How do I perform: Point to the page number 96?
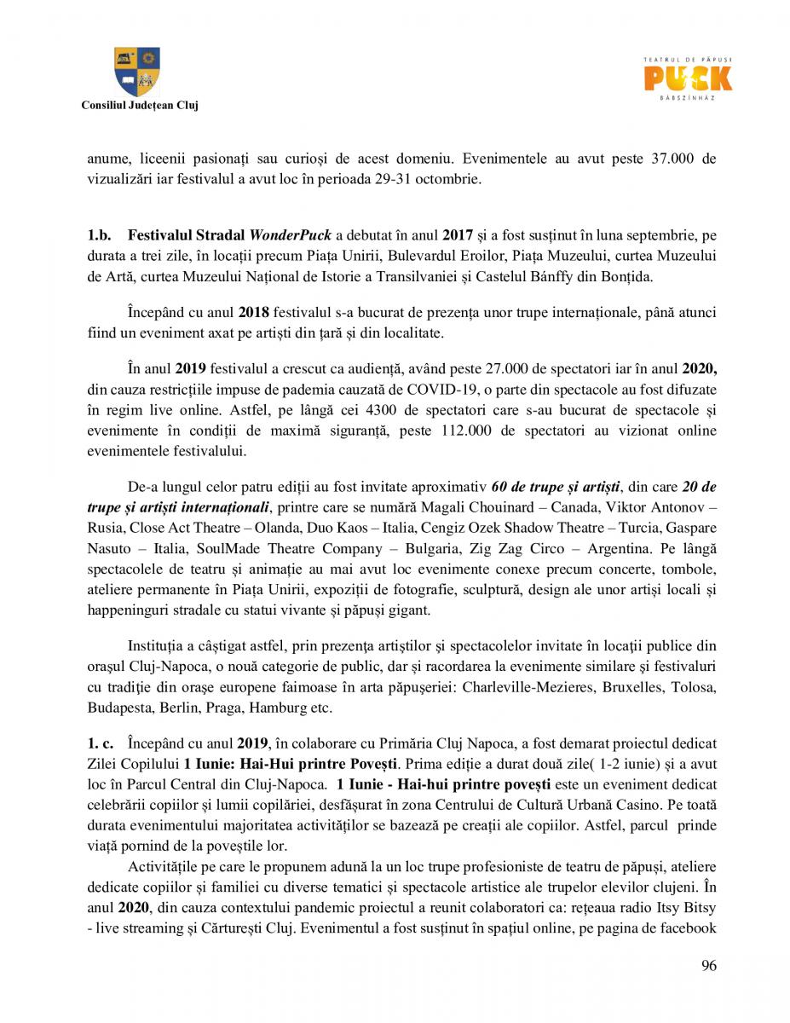click(x=709, y=965)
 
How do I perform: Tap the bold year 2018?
click(x=254, y=313)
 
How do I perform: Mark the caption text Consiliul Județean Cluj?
click(x=139, y=105)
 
